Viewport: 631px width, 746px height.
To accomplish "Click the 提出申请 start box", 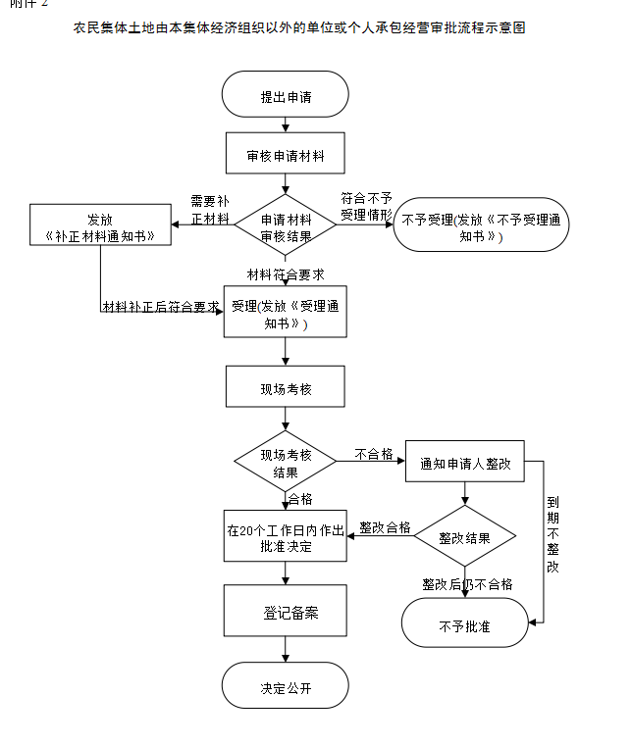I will (x=285, y=97).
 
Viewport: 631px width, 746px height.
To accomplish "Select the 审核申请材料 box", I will (x=285, y=156).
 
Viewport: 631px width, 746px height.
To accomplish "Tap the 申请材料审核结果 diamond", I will (x=285, y=226).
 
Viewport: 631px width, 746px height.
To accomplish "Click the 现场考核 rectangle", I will (x=285, y=388).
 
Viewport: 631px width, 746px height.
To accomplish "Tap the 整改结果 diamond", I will (x=464, y=538).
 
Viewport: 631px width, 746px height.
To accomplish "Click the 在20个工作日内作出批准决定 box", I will (x=285, y=538).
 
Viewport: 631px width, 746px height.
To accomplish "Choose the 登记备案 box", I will (x=285, y=613).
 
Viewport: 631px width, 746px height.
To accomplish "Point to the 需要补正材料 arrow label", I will (x=210, y=209).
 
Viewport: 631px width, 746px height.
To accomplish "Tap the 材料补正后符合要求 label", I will (x=161, y=307).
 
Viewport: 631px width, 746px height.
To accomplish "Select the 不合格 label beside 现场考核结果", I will (x=374, y=454).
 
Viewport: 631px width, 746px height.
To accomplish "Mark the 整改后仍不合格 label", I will (x=467, y=584).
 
